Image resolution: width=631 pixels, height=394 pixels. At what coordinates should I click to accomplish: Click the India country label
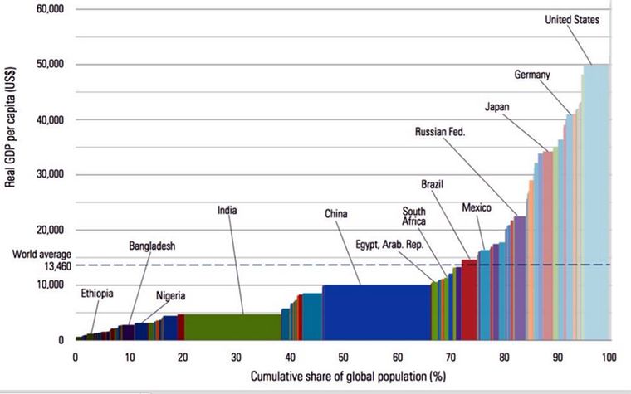point(227,211)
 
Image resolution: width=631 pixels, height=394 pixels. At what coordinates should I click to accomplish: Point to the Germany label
point(532,75)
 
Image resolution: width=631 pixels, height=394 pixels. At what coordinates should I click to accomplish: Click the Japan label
point(497,106)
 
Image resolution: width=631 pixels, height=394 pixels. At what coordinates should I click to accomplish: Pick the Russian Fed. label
point(441,131)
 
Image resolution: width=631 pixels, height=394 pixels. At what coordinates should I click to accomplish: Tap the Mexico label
point(477,207)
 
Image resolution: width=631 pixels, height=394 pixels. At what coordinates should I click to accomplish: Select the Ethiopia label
point(97,294)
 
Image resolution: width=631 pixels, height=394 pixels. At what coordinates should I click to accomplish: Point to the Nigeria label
point(170,296)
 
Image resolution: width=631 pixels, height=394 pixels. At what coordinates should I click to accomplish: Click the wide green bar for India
point(232,327)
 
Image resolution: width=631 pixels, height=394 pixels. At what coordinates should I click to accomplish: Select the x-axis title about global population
point(341,378)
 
